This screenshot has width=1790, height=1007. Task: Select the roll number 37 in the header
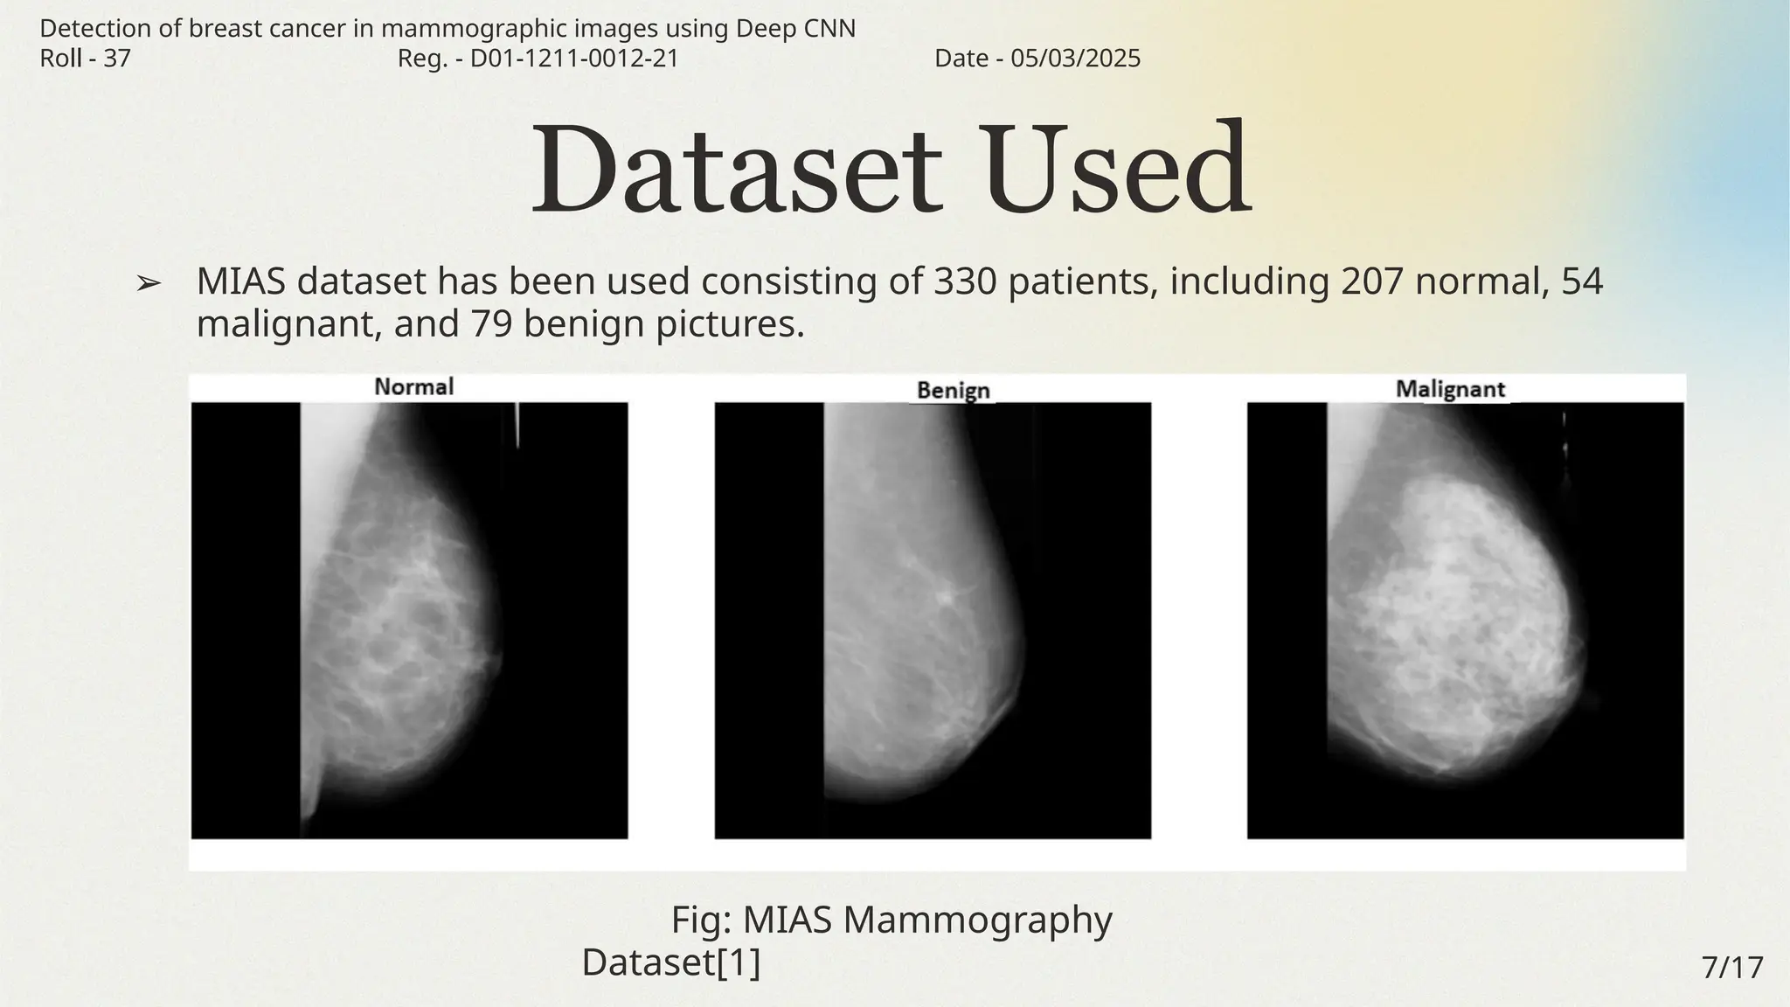pos(117,59)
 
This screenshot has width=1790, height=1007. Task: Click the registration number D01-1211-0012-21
pos(574,59)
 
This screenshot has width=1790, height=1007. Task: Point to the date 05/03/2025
pos(1075,59)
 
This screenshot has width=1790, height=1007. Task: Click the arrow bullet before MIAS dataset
pos(149,283)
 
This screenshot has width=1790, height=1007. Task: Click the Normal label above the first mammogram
pos(413,386)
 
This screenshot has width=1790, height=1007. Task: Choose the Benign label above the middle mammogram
pos(953,391)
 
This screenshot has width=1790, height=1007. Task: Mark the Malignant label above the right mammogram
pos(1450,389)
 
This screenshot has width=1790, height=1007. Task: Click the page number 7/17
pos(1732,968)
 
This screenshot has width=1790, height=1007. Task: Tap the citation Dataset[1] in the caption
pos(670,962)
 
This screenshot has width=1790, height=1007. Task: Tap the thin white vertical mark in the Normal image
pos(517,426)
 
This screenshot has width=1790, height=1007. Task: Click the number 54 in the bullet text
pos(1581,281)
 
